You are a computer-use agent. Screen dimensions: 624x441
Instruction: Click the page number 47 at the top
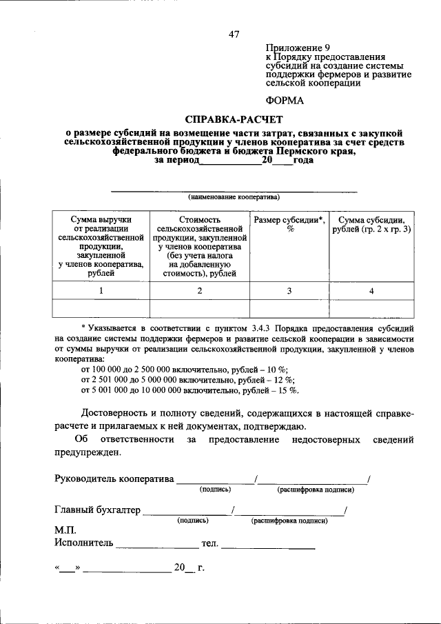[234, 35]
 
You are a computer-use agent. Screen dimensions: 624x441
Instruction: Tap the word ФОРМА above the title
[284, 100]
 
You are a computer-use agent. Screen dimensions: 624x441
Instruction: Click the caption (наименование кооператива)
[234, 197]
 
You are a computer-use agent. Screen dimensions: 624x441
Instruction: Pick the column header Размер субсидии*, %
[289, 224]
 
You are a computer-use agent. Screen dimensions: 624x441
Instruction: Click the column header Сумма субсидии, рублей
[371, 224]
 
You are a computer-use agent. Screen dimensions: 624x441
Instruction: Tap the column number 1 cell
[101, 290]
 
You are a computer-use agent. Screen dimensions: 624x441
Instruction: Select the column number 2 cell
[199, 290]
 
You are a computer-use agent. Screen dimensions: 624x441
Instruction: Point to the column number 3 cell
[289, 290]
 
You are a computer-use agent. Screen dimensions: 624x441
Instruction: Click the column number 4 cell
[371, 290]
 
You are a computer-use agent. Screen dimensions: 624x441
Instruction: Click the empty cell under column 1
[101, 308]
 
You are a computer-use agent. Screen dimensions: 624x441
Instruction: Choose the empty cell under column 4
[371, 308]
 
